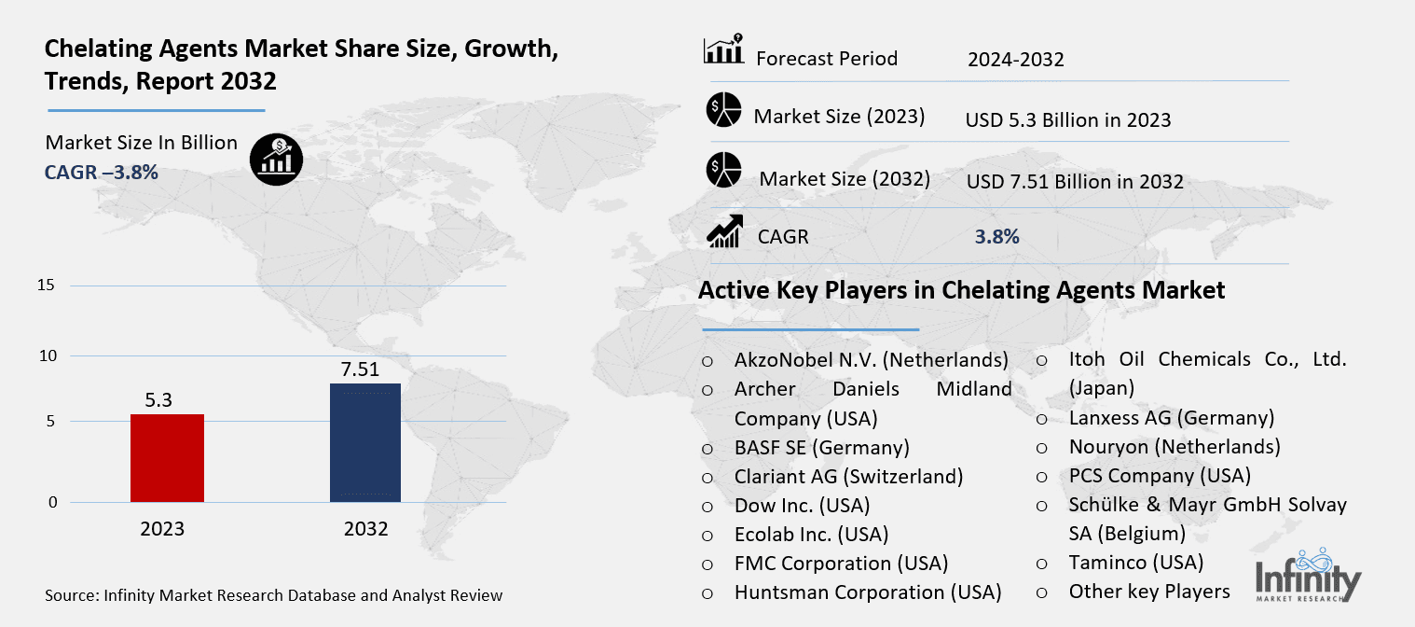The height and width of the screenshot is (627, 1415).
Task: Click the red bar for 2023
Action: (167, 458)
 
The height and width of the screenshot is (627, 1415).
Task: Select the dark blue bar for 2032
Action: (365, 442)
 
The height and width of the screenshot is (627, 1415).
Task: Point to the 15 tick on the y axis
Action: (47, 286)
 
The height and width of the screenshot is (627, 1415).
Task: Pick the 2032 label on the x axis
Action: (365, 529)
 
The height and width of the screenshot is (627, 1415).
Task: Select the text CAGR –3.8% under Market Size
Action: (102, 172)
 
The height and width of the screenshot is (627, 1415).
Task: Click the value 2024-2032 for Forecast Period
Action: (1015, 60)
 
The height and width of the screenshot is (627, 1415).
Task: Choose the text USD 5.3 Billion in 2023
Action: (1068, 119)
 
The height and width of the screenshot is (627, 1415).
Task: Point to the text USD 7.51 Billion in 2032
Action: (1074, 181)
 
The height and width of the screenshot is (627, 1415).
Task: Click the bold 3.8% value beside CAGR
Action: (996, 237)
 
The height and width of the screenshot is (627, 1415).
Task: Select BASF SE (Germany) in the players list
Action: (821, 447)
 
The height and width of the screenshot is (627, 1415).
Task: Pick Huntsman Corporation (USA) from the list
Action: (867, 592)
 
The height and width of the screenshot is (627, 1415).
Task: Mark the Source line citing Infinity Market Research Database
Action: (273, 595)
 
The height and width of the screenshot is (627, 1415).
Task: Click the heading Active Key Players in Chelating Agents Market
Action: (961, 290)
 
